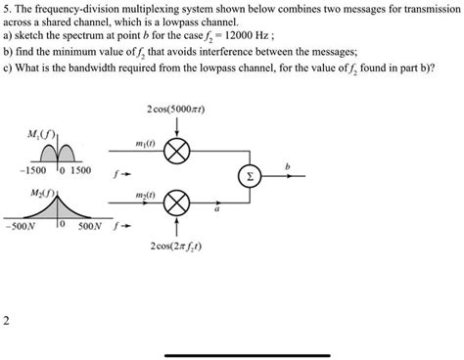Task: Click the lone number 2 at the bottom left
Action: tap(8, 319)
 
